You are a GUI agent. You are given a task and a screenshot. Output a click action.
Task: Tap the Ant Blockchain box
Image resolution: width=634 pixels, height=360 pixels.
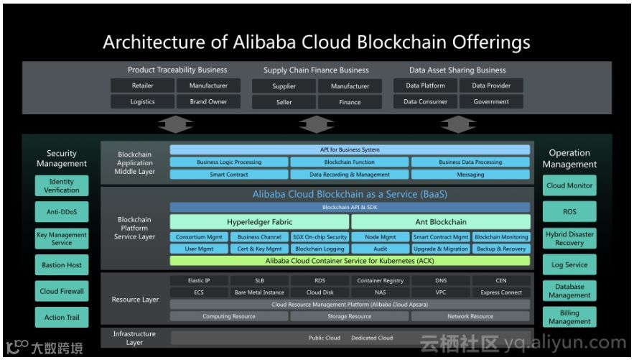pos(441,222)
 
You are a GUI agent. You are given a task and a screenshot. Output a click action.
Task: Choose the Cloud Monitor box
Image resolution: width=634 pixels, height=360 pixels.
pos(569,185)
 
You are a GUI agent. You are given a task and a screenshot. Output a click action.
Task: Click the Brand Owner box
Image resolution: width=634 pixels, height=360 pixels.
pos(208,102)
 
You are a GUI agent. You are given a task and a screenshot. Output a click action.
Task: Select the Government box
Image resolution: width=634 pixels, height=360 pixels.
pos(491,102)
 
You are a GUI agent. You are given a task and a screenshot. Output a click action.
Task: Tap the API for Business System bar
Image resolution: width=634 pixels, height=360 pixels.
pos(350,150)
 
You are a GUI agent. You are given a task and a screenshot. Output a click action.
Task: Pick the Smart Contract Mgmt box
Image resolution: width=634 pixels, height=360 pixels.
pos(441,236)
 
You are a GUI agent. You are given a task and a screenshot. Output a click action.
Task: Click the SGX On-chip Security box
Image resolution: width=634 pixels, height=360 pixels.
pos(320,236)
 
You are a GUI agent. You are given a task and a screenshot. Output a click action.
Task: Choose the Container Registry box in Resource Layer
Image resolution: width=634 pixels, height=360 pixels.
pos(380,280)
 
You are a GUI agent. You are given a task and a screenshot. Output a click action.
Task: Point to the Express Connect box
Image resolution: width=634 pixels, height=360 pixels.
pos(501,292)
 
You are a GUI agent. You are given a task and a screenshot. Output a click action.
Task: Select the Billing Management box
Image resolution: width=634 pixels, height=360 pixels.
pos(569,317)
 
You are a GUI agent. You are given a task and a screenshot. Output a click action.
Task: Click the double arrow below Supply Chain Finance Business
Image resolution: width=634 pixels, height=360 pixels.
pos(316,125)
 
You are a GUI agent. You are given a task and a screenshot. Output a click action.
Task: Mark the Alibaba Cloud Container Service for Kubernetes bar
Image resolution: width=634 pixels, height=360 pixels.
pos(350,261)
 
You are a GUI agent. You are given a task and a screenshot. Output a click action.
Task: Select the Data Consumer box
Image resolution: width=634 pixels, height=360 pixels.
pos(425,102)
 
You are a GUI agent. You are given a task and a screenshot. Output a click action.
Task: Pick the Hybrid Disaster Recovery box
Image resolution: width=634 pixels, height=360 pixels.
pos(569,239)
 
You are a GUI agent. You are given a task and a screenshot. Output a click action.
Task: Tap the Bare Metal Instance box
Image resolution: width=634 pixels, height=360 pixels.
pos(259,292)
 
